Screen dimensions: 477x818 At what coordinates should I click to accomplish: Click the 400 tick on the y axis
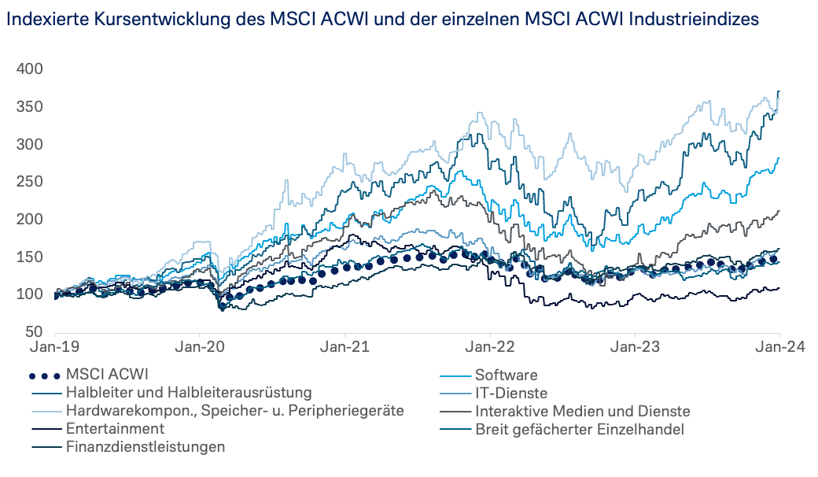(x=29, y=69)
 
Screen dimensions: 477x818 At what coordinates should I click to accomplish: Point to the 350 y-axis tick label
(x=29, y=107)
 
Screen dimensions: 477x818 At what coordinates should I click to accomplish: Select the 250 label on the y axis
(x=29, y=182)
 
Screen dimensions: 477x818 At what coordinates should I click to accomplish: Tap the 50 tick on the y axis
(x=33, y=332)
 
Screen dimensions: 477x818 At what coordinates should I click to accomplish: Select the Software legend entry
(x=506, y=375)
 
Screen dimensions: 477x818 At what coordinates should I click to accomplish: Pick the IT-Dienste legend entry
(x=510, y=393)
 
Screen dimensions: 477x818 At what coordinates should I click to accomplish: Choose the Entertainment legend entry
(x=116, y=429)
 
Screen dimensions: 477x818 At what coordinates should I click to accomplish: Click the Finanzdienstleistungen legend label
(x=146, y=447)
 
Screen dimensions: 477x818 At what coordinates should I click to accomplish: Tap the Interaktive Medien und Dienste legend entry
(x=582, y=411)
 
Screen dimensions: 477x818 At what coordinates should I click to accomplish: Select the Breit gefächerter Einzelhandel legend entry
(x=580, y=429)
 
